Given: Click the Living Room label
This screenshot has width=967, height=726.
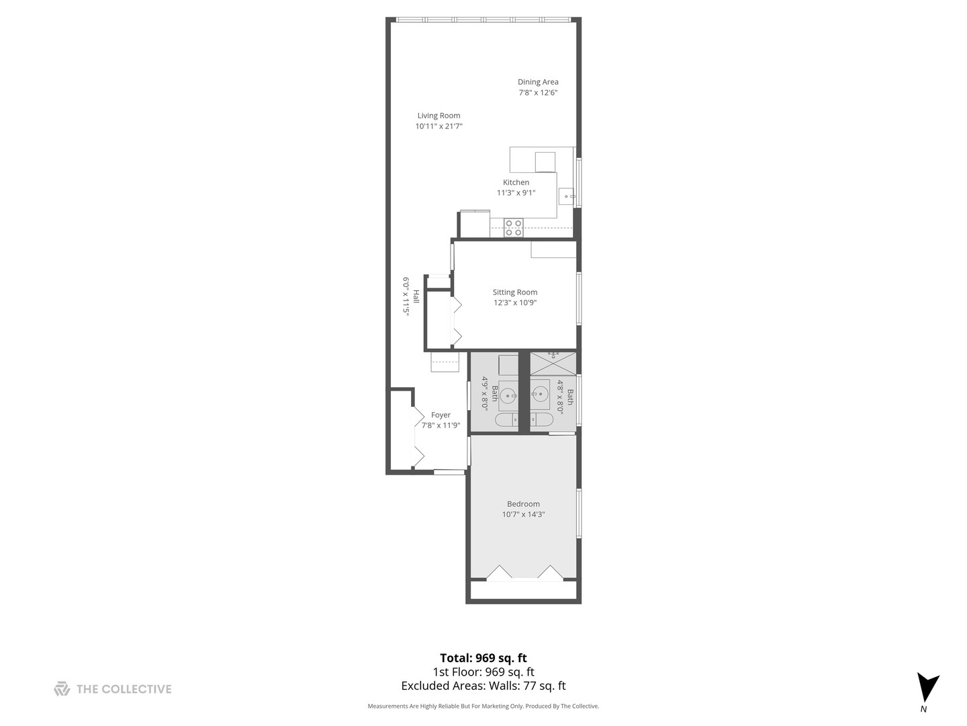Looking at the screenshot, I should pos(439,116).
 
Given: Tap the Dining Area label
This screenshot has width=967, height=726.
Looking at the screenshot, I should pos(538,82).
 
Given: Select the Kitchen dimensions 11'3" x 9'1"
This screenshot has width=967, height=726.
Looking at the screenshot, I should pos(516,193).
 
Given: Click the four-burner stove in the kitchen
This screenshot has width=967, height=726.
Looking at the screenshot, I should pos(514,228).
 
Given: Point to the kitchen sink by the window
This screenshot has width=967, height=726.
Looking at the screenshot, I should pos(567,196).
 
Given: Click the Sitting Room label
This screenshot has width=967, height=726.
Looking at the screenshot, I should pos(515,292).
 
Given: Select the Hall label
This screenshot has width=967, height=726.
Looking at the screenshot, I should pos(416,296).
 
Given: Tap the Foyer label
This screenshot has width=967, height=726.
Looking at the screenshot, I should pos(441,415).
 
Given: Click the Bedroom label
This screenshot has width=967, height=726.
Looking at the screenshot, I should pos(523,504).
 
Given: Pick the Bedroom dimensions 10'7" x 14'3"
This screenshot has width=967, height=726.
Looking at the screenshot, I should pos(523,515).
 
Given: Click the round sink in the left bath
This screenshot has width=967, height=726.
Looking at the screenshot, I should pos(508,395).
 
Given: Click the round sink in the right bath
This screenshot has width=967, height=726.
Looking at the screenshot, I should pos(540,395).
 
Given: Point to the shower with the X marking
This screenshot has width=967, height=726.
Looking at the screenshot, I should pos(553,364).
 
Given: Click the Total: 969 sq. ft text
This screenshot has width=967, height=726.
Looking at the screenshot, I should pos(483,658).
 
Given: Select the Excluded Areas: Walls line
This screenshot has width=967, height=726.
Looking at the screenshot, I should pos(483,686).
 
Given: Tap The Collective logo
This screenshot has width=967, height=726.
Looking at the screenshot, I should pos(113,689).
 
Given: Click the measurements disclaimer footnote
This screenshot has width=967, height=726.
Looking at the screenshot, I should pos(483,707).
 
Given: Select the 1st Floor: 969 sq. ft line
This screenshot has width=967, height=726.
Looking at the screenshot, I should pos(483,672).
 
